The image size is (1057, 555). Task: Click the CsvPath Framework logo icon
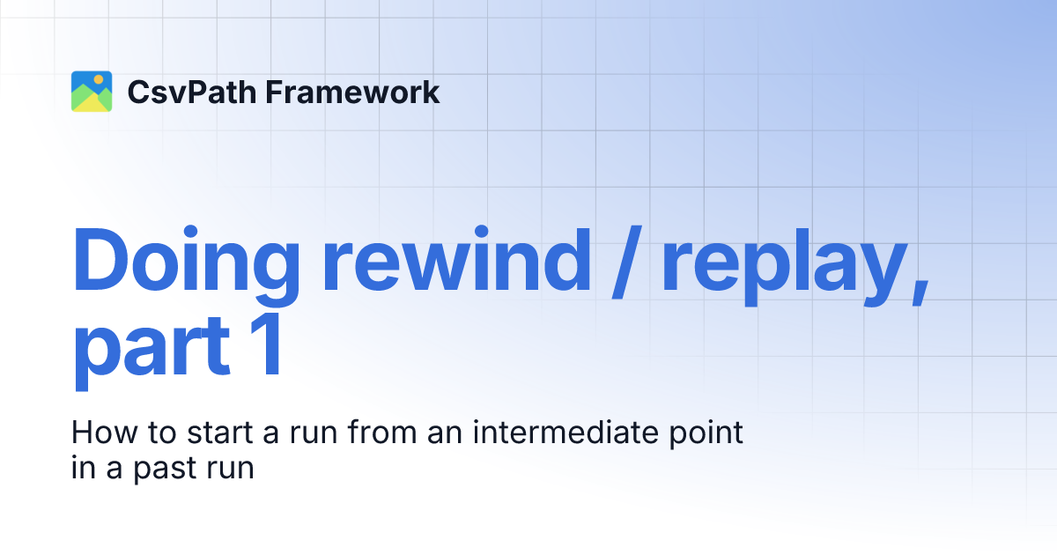92,92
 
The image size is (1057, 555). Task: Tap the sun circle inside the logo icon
99,80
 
